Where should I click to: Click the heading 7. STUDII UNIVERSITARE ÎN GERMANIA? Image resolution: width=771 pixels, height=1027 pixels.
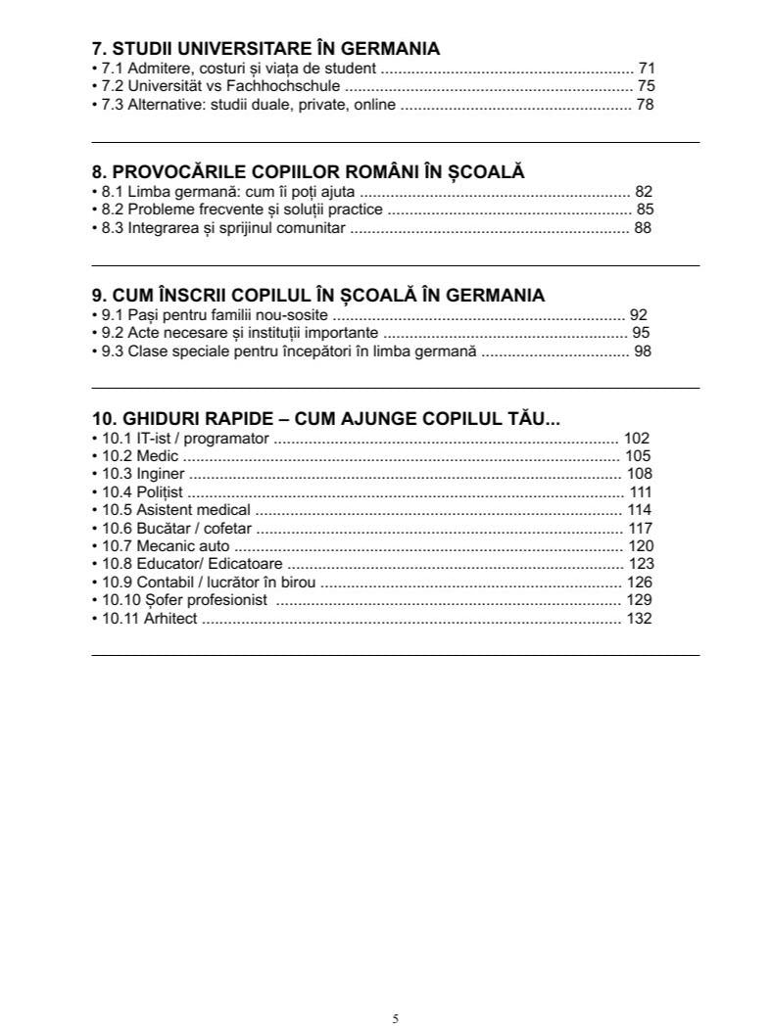click(x=265, y=48)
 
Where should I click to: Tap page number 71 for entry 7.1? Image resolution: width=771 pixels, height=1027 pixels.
click(x=646, y=69)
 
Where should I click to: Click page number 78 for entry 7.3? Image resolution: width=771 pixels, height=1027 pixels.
click(x=645, y=105)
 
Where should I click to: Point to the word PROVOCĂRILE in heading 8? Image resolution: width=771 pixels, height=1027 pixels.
click(x=183, y=172)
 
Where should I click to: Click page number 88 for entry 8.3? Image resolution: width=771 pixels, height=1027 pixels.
click(x=643, y=228)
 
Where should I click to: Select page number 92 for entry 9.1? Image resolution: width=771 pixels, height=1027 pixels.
click(x=639, y=315)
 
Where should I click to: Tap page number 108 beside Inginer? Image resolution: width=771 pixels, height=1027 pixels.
click(x=640, y=474)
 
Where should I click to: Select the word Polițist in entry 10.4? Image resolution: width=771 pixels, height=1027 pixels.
click(x=160, y=492)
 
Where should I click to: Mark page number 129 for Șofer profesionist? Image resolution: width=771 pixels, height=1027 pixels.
click(x=640, y=600)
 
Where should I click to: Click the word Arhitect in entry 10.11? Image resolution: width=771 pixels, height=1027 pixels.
click(x=170, y=619)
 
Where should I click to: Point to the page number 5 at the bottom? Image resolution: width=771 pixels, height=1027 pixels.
click(x=396, y=1018)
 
